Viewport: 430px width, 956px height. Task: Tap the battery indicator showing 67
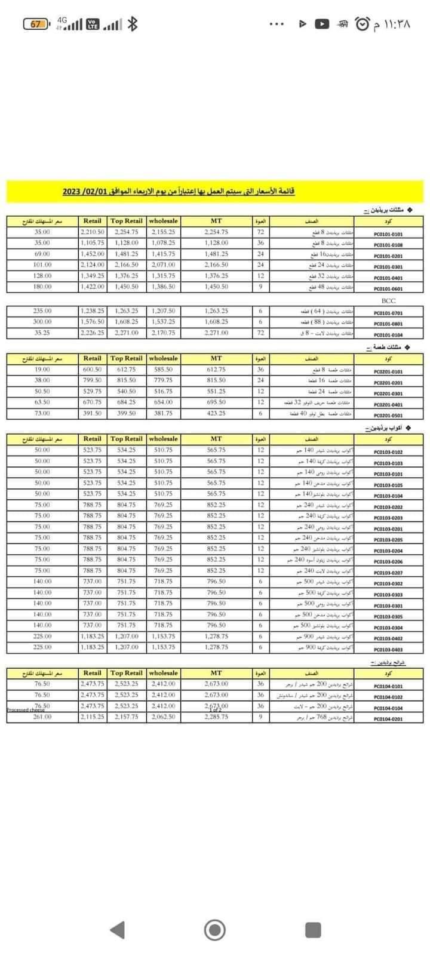tap(36, 24)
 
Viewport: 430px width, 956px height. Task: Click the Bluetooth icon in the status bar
tap(134, 24)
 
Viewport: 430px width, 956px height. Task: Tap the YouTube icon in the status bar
tap(321, 24)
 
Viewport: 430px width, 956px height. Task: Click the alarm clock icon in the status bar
tap(362, 24)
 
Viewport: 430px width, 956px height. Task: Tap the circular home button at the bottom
tap(215, 930)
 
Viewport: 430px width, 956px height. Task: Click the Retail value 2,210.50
tap(93, 232)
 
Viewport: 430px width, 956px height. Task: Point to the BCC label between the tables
tap(388, 301)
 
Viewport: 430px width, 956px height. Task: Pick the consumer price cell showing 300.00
tap(42, 322)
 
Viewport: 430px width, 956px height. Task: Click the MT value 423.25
tap(216, 413)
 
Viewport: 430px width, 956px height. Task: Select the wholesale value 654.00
tap(163, 402)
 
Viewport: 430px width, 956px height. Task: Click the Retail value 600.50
tap(93, 370)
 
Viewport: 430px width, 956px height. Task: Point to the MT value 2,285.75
tap(216, 717)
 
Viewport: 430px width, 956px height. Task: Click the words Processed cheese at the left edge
tap(25, 710)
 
